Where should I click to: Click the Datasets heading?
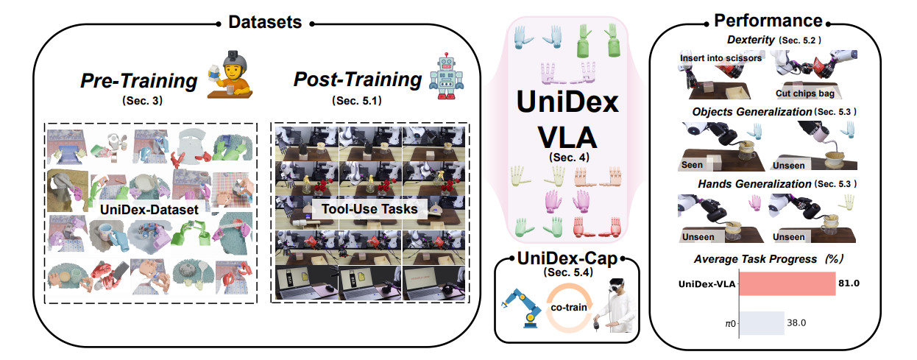coord(265,22)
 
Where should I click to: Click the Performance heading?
coord(768,21)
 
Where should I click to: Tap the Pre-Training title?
coord(139,81)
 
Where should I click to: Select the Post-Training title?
coord(358,80)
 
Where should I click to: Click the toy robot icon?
coord(446,76)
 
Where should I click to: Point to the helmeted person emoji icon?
coord(230,74)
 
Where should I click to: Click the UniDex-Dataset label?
coord(149,210)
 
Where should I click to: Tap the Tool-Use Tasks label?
coord(369,209)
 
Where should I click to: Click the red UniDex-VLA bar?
coord(787,283)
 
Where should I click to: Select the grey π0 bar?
coord(762,323)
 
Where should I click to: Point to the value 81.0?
coord(849,283)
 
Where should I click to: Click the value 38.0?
coord(796,322)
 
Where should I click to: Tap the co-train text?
coord(569,307)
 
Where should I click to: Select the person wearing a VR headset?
coord(616,305)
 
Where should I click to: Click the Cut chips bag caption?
coord(805,93)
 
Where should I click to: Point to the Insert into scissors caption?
coord(721,58)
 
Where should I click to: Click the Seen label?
coord(692,165)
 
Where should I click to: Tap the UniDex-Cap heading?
coord(567,258)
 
